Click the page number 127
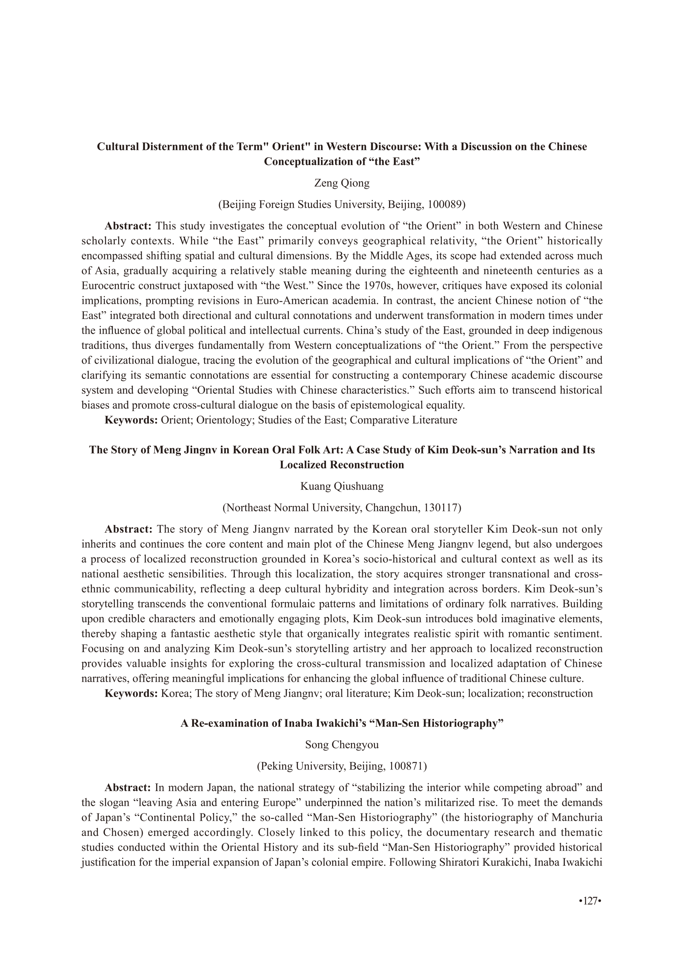(590, 912)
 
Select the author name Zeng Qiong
(342, 183)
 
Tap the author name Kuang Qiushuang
(342, 487)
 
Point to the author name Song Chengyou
(342, 744)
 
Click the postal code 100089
(444, 205)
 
